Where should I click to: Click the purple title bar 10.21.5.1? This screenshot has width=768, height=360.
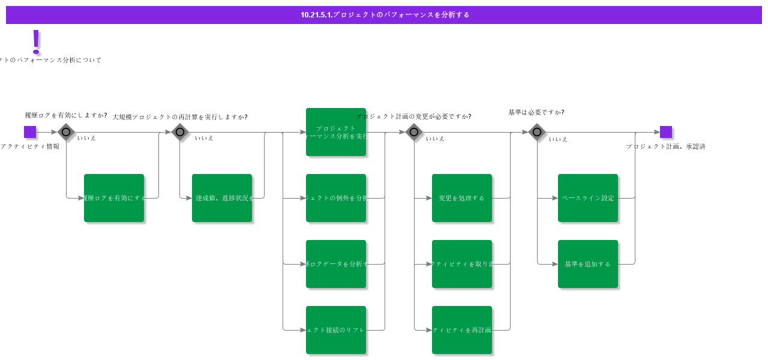(384, 15)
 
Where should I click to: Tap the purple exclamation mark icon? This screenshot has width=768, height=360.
(36, 41)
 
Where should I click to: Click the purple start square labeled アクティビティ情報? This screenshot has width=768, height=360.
(30, 132)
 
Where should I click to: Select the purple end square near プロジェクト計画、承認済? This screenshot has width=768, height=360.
(665, 132)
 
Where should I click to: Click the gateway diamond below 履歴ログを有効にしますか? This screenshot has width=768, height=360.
(66, 132)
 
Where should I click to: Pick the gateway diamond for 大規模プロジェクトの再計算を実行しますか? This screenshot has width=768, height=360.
(180, 132)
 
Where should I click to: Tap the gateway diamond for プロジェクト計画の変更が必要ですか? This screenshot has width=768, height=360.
(414, 132)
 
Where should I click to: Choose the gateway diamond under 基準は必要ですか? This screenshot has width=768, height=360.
(537, 132)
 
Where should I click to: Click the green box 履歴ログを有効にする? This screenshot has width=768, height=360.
(114, 198)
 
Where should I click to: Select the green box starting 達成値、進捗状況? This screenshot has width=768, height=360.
(222, 198)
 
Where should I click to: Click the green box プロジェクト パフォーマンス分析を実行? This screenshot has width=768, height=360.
(336, 132)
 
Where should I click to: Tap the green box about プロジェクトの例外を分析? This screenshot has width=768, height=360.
(336, 198)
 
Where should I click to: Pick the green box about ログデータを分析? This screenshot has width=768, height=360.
(336, 264)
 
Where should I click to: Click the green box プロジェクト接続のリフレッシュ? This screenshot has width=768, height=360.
(336, 330)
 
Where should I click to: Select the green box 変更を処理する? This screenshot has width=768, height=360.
(462, 198)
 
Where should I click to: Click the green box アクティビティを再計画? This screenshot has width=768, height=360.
(462, 330)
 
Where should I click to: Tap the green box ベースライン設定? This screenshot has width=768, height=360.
(588, 198)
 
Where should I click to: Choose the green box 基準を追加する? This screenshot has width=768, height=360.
(588, 264)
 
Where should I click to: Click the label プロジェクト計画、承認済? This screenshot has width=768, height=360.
(665, 146)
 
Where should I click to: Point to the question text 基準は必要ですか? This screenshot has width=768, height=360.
(536, 112)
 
